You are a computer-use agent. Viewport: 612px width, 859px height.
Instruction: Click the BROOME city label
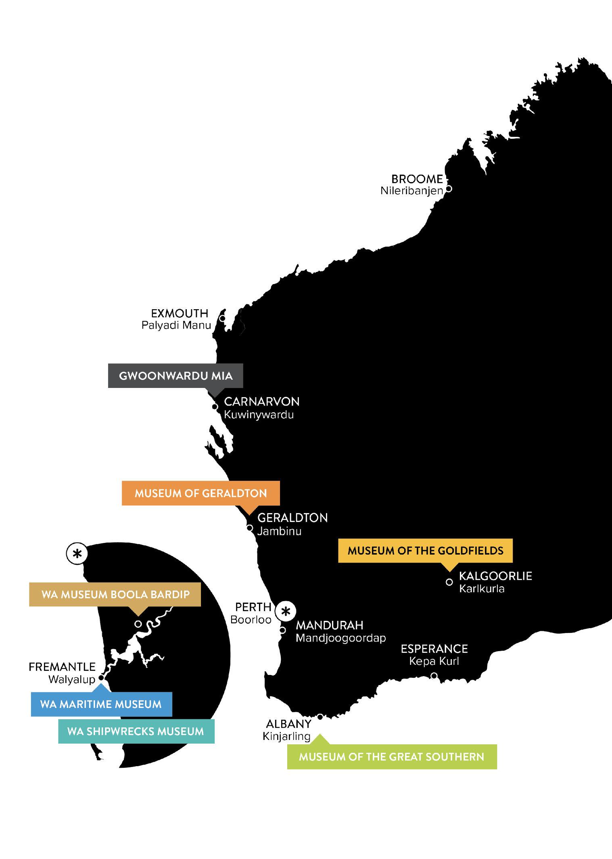(417, 179)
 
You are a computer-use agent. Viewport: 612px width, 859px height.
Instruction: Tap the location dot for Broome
(448, 189)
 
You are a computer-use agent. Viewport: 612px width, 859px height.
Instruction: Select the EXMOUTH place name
(180, 313)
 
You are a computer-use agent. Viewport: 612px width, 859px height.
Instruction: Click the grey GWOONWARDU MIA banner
(175, 376)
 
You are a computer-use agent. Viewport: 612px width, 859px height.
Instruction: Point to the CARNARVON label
(262, 402)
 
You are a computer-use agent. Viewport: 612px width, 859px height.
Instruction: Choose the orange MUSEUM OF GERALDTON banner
(201, 493)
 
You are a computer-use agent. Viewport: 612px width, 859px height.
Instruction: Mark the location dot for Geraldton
(250, 528)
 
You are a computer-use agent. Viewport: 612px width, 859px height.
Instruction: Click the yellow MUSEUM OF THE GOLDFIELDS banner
(425, 551)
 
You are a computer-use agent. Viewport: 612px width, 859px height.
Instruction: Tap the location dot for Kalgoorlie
(449, 582)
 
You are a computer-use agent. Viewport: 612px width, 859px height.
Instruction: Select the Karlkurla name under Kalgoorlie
(482, 589)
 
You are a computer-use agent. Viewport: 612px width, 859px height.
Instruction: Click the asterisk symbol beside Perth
(286, 611)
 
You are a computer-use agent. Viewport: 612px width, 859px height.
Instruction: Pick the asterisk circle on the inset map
(77, 553)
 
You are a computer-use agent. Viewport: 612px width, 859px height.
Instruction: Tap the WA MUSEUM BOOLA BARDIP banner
(115, 595)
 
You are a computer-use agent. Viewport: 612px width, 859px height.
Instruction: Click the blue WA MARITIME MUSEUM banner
(101, 704)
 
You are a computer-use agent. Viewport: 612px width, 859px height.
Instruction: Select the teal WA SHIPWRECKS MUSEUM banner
(136, 731)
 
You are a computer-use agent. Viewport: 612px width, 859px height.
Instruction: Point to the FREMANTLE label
(62, 667)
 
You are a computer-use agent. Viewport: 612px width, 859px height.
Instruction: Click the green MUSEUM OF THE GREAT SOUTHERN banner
(392, 757)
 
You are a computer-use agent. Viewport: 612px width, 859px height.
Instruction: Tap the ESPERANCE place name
(434, 649)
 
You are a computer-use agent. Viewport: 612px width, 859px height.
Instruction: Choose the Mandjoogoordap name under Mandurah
(341, 638)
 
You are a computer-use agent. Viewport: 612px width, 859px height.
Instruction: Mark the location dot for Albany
(320, 717)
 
